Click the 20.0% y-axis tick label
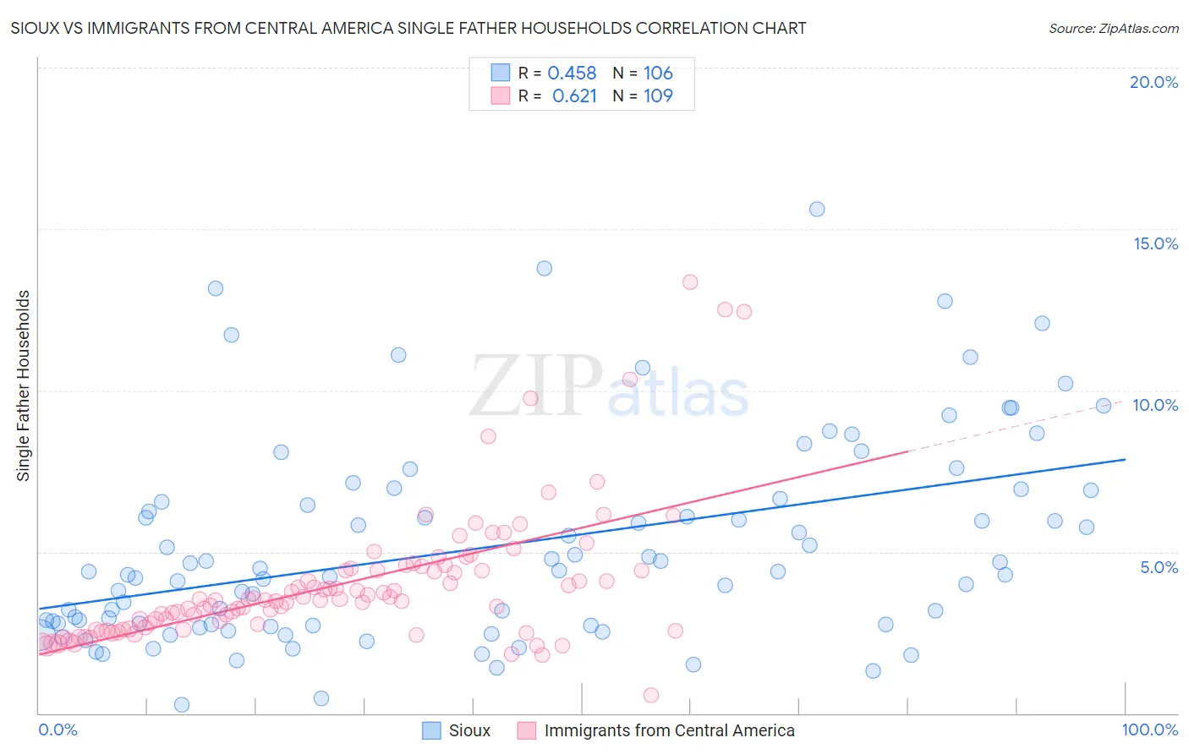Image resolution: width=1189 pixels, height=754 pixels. point(1153,82)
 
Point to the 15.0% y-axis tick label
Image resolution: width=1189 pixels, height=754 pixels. point(1155,243)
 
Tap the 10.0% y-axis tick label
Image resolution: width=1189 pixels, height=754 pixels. point(1155,405)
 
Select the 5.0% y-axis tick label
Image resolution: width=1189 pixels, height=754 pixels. point(1159,567)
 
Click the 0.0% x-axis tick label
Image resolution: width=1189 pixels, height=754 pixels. point(58,729)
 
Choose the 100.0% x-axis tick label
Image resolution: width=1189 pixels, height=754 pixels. point(1149,729)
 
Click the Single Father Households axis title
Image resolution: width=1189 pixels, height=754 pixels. point(24,385)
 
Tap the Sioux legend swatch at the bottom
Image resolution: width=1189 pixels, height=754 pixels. point(431,730)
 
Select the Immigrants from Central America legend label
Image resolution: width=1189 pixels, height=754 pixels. point(669,730)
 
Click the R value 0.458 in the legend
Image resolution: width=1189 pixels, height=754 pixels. point(572,73)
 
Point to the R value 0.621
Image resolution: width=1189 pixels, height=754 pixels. point(574,96)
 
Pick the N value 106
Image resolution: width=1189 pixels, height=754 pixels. point(658,73)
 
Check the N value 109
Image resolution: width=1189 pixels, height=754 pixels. point(658,96)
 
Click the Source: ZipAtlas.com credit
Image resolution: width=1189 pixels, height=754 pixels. point(1113,28)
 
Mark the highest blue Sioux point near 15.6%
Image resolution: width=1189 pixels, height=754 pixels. point(817,209)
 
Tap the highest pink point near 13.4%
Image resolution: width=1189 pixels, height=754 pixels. point(690,282)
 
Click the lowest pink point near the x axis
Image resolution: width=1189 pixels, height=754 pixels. point(651,695)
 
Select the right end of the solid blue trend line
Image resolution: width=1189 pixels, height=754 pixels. point(1125,459)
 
